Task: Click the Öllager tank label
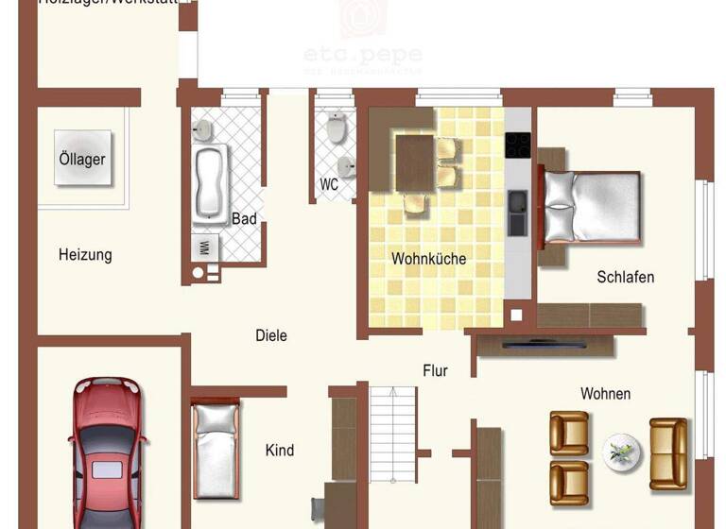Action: [x=82, y=159]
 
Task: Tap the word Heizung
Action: [x=85, y=254]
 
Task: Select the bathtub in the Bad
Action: [x=211, y=181]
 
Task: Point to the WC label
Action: [x=329, y=185]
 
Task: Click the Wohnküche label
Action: [x=428, y=258]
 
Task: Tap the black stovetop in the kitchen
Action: [x=517, y=145]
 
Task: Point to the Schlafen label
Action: [x=625, y=277]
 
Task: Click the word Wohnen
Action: [x=605, y=393]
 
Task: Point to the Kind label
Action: [x=280, y=451]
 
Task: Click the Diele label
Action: [x=271, y=335]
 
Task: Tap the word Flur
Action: [x=435, y=371]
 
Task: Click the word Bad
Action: [x=244, y=219]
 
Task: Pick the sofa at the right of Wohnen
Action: [x=668, y=453]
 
